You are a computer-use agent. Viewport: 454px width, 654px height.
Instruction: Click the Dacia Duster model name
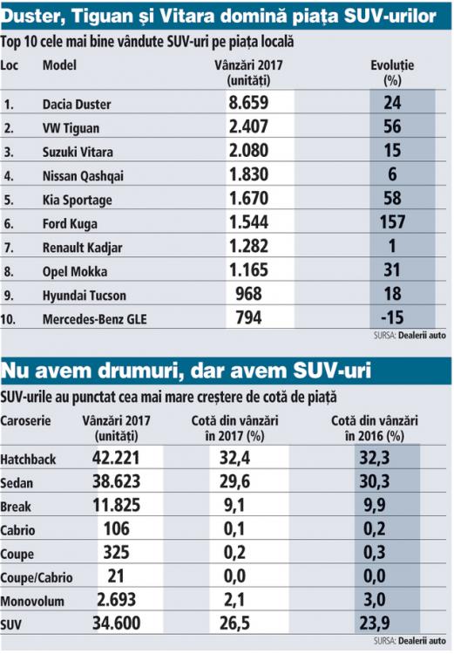point(77,104)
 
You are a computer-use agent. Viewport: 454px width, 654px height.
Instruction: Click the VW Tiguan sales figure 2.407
point(254,127)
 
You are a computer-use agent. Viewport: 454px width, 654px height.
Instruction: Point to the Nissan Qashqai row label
point(83,175)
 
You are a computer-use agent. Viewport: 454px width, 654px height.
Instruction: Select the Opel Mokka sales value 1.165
point(254,271)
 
